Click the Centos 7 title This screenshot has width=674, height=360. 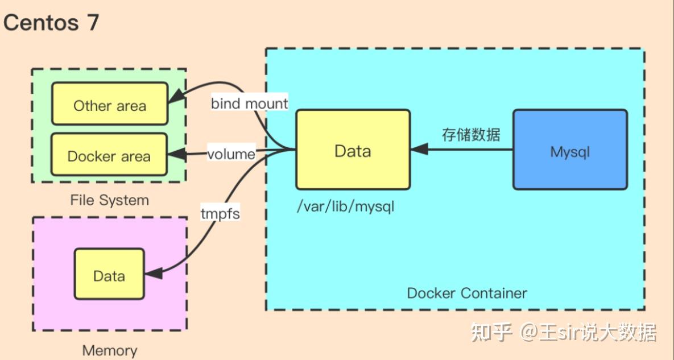51,23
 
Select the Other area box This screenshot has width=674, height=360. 110,104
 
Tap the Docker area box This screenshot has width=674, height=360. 109,155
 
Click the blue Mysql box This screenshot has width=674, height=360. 570,150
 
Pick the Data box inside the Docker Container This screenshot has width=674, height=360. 353,150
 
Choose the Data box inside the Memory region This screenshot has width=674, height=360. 109,274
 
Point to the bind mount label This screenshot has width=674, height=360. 249,104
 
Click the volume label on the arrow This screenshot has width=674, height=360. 231,154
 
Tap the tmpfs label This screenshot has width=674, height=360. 220,213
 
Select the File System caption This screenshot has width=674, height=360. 110,200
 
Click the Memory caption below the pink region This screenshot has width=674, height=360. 110,350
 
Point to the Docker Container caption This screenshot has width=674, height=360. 467,293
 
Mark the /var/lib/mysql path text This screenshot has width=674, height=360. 346,206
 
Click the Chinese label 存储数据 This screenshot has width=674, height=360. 471,134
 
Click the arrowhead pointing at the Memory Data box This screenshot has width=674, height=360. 154,273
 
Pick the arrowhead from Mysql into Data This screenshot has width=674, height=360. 420,150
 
